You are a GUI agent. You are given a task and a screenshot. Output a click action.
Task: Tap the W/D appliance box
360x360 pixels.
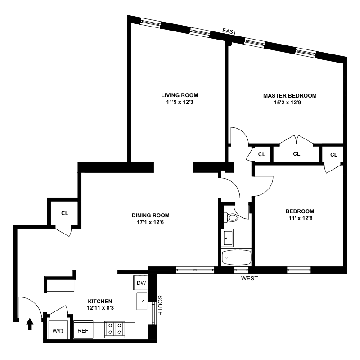coord(58,331)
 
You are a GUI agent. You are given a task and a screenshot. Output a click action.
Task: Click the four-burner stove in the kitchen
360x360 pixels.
coord(115,329)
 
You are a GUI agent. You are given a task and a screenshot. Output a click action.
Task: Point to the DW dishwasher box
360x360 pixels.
coord(141,283)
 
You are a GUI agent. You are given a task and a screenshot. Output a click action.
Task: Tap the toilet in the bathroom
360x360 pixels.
coord(231,217)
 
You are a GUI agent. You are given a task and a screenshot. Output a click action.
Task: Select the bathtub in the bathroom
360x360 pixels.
coord(237,257)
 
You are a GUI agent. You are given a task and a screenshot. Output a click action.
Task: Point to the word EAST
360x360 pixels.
coord(229,31)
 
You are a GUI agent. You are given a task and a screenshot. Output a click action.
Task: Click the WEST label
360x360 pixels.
coord(249,279)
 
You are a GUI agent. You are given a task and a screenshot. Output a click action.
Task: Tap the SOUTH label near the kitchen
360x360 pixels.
coord(160,305)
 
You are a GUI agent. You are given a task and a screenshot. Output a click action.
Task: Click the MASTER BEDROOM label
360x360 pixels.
coord(290,95)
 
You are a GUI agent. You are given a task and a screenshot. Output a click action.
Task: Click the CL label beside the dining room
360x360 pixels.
coord(65,213)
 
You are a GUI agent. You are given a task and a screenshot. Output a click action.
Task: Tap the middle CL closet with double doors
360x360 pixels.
coord(297,154)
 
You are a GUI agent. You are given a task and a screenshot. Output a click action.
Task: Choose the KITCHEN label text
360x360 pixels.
coord(99,301)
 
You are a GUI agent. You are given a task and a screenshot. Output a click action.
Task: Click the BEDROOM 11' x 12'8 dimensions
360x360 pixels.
coord(300,219)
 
